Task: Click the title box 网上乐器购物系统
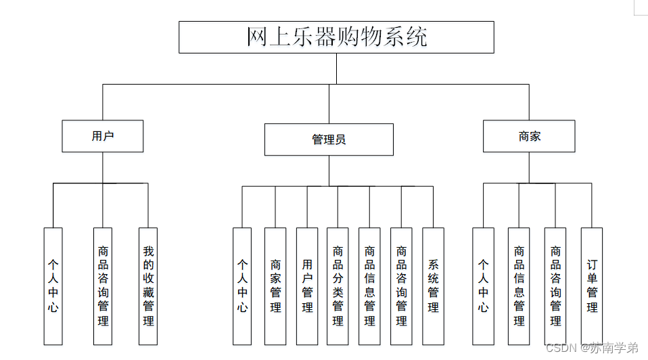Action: [336, 37]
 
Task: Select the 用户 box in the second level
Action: [103, 136]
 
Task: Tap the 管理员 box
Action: [329, 139]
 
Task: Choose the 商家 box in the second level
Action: [529, 136]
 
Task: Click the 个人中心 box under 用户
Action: [53, 286]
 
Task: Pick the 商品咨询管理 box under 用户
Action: [103, 286]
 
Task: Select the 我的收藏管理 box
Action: [148, 286]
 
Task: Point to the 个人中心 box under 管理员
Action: [242, 286]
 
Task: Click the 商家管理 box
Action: [275, 286]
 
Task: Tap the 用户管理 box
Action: [307, 286]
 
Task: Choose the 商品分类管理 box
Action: [338, 286]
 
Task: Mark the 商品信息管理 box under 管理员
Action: [369, 286]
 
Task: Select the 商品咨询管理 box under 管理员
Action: [401, 286]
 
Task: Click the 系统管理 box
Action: [433, 286]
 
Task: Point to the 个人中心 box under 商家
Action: [483, 286]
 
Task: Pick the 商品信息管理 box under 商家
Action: [519, 286]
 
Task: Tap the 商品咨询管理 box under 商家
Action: [555, 286]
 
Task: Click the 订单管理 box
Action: [592, 286]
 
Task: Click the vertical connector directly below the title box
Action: [336, 68]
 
